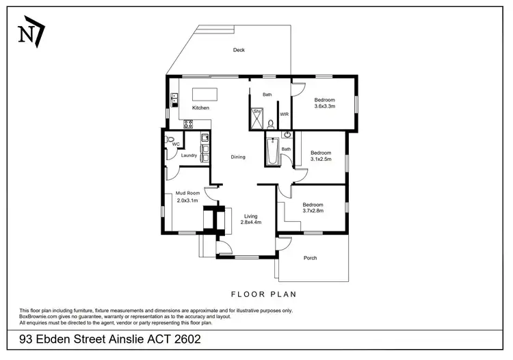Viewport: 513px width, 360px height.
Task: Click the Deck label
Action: (239, 50)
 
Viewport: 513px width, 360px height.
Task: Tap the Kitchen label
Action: (200, 108)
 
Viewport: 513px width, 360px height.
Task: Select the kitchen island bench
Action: (209, 94)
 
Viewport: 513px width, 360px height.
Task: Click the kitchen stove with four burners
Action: (187, 124)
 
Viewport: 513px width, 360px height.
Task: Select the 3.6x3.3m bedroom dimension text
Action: (324, 106)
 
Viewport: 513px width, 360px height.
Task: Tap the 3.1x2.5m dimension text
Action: (321, 159)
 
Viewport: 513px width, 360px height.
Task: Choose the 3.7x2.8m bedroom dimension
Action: (313, 211)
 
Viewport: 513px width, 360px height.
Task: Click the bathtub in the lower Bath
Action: (271, 152)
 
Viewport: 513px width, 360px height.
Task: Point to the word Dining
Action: (238, 157)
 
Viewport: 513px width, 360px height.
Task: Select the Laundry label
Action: (189, 155)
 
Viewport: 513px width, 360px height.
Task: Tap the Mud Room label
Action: (187, 193)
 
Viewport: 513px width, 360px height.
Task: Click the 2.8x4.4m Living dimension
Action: (251, 222)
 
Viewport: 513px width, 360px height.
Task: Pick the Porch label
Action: (310, 258)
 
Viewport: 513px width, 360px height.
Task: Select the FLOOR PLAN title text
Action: (263, 294)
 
